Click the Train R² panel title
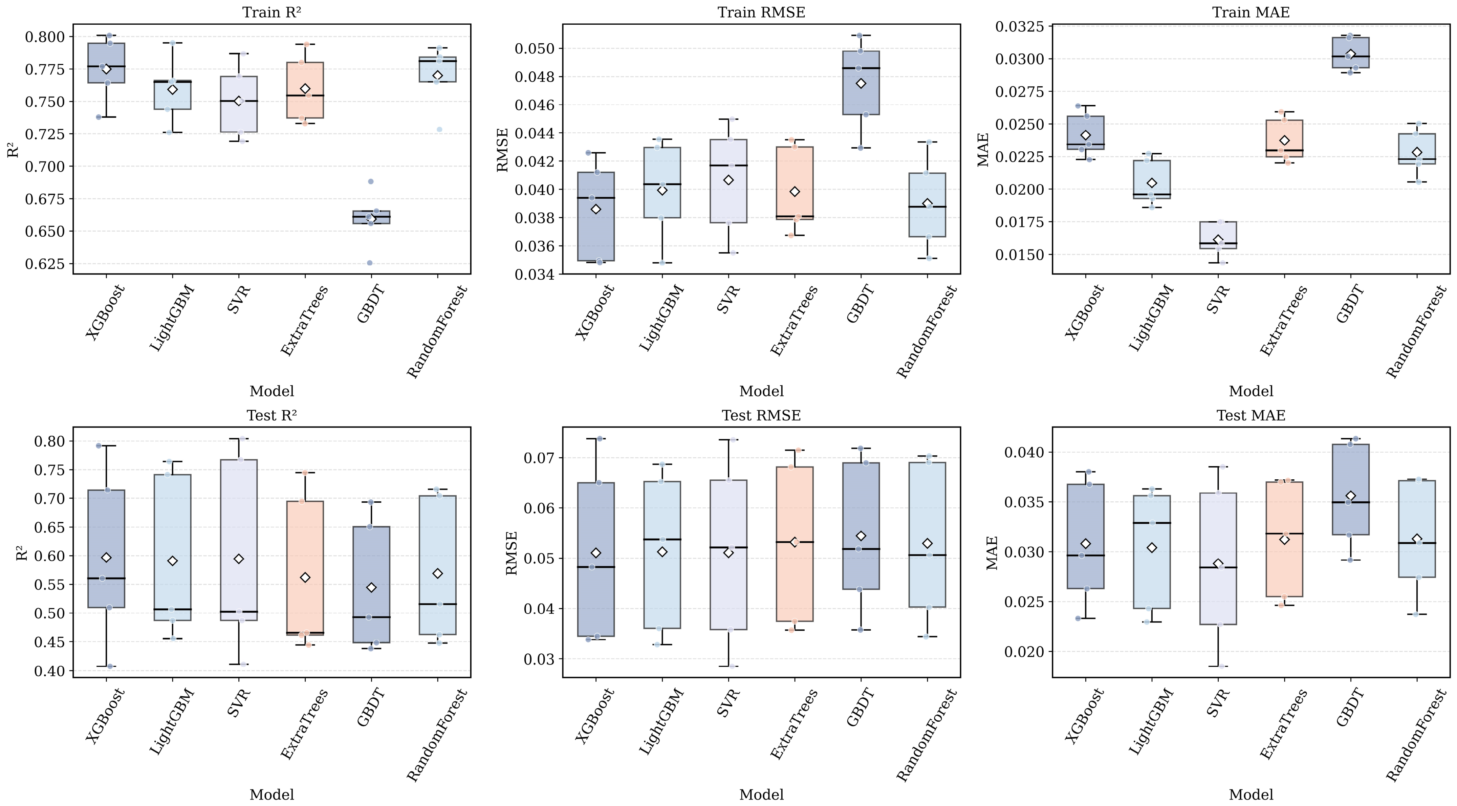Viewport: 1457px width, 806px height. tap(271, 13)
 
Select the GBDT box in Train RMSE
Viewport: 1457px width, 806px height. tap(861, 83)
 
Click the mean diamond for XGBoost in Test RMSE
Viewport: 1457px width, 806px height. tap(595, 552)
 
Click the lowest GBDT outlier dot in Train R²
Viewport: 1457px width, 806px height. tap(370, 263)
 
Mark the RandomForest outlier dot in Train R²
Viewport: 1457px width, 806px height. tap(439, 130)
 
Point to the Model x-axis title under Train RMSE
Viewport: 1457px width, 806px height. tap(761, 391)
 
